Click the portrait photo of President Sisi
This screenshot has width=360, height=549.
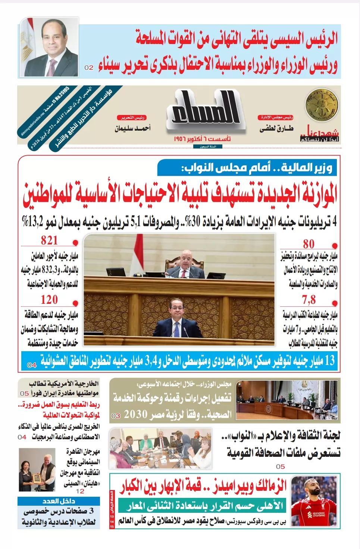pos(49,47)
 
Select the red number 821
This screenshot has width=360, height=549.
pos(49,240)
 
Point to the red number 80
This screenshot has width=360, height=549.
pos(309,244)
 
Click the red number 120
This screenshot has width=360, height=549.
pos(49,299)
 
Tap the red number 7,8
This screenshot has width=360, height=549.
pos(309,299)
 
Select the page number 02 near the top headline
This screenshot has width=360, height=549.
pos(89,68)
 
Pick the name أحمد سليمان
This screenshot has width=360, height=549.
pos(132,129)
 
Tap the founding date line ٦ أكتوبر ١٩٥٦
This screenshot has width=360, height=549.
pos(202,139)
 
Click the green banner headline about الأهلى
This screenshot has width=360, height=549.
pos(202,506)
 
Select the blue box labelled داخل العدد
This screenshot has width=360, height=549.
pos(59,501)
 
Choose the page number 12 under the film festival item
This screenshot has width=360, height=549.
pos(80,492)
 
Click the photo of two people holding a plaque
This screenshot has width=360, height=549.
pos(37,470)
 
